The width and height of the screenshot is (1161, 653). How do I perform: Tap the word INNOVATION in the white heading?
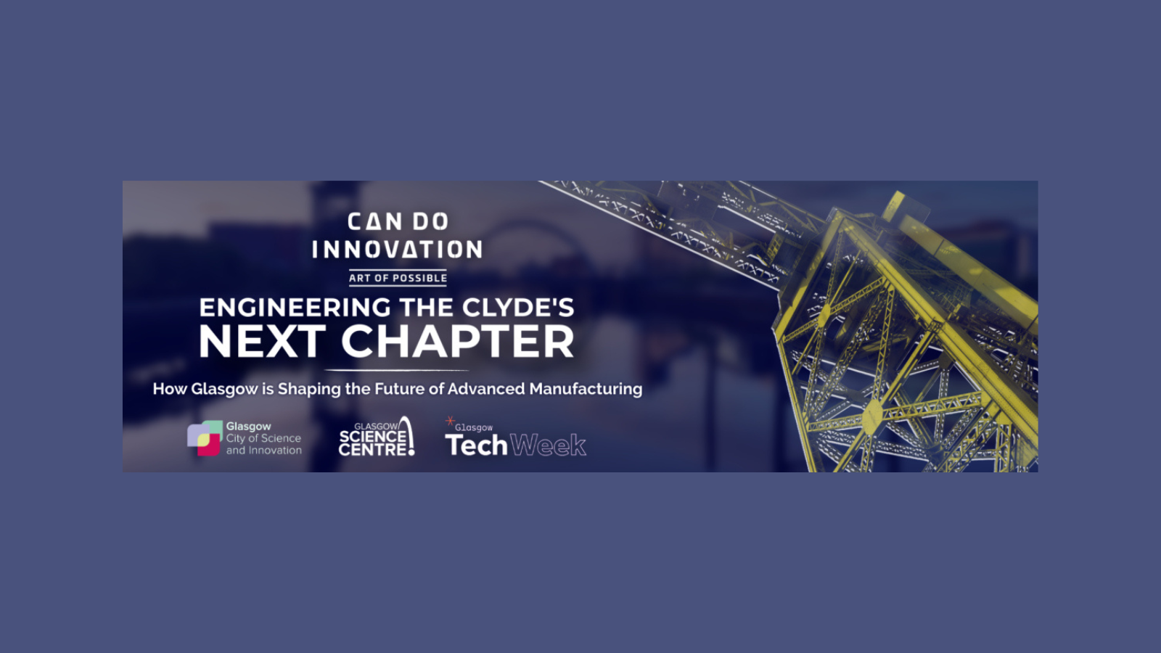(x=397, y=250)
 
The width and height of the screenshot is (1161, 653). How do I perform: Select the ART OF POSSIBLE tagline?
(x=398, y=279)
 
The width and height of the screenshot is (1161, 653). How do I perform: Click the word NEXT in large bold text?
(x=262, y=342)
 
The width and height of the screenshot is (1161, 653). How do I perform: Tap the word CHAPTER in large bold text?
(x=458, y=342)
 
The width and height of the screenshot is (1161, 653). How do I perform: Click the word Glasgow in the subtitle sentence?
(x=224, y=389)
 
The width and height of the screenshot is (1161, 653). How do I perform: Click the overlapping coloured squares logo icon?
(x=205, y=438)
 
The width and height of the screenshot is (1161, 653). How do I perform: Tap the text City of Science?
(x=263, y=438)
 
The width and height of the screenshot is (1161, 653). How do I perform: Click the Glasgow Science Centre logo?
(x=377, y=437)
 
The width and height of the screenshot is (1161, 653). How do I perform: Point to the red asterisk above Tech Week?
(x=450, y=421)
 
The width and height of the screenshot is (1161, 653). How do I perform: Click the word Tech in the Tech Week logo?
(x=476, y=445)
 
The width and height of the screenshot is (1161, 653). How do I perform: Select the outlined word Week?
(x=548, y=445)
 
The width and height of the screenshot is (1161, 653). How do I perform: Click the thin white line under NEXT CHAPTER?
(x=396, y=371)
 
